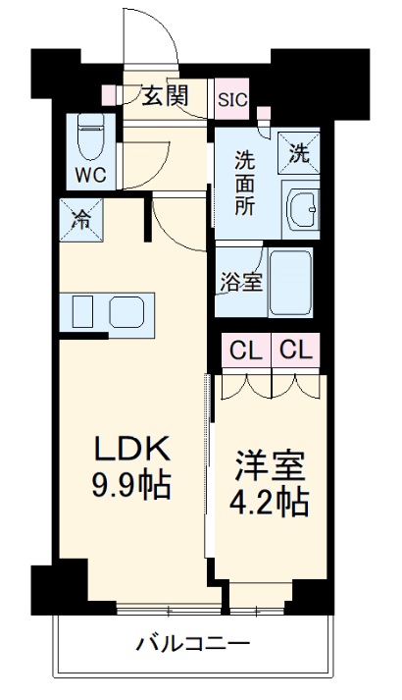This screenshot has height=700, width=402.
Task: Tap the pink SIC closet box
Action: point(232,98)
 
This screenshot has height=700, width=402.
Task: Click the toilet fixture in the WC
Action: point(90,139)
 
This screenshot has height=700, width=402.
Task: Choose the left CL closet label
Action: point(245,350)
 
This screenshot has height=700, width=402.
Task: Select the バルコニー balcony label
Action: point(192,644)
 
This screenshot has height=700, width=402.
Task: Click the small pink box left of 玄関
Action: point(108,95)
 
